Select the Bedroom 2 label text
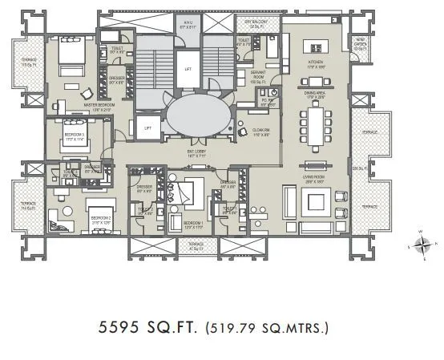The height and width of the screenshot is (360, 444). coord(100,219)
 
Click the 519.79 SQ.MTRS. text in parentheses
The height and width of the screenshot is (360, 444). coord(267,328)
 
